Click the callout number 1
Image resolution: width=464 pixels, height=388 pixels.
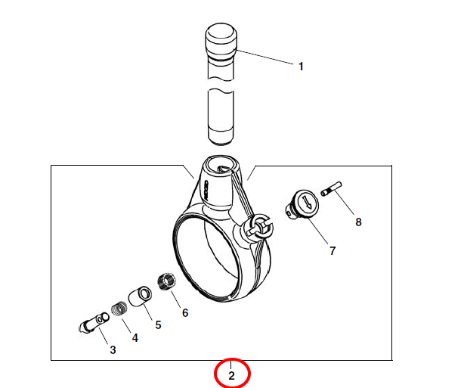coord(301,67)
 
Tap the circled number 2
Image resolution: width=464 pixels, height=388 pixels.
coord(231,376)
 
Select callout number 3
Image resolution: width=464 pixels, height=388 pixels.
coord(113,349)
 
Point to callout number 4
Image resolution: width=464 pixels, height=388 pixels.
coord(135,337)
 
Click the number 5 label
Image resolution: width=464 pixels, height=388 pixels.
coord(158,325)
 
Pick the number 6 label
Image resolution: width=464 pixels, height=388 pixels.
coord(185,313)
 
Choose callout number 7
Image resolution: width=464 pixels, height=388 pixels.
coord(333,251)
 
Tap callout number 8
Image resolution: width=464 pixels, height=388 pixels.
coord(358,222)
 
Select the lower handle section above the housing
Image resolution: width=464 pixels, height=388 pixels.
coord(221,117)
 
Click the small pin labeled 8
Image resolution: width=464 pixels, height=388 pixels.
coord(331,188)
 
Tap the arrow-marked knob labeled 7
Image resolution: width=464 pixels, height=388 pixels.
coord(302,204)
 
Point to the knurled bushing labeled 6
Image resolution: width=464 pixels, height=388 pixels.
coord(166,281)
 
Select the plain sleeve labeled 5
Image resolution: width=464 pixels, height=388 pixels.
coord(141,296)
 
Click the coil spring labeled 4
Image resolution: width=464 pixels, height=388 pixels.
coord(119,309)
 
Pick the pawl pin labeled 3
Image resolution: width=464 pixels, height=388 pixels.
coord(94,323)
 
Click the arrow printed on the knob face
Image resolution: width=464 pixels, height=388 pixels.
coord(307,203)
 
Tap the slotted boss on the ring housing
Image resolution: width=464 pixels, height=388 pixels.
coord(258,226)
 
